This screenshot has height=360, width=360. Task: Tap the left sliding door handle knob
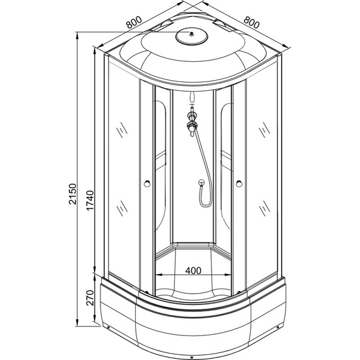(x=147, y=184)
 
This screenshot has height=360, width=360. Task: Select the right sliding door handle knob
(x=239, y=184)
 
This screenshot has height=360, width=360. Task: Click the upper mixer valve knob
(x=192, y=116)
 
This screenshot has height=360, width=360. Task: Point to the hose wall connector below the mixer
(x=198, y=184)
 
